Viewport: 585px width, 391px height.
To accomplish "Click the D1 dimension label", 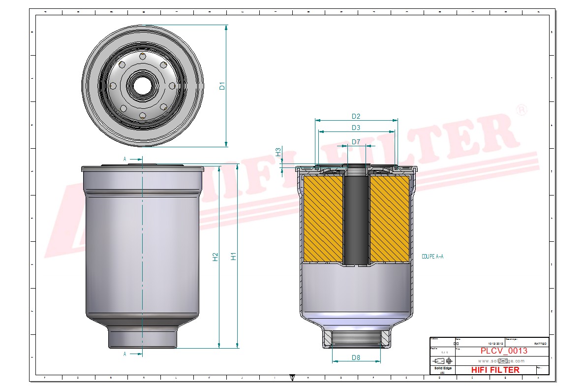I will (x=222, y=86).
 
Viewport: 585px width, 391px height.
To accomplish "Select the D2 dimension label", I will (x=356, y=116).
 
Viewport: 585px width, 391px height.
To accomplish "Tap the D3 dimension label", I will (x=356, y=128).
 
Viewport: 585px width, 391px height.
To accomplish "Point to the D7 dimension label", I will (x=356, y=142).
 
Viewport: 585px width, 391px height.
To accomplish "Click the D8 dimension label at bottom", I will (x=356, y=358).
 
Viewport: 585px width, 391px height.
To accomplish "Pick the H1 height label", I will (x=234, y=256).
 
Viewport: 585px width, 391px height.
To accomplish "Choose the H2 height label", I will (x=215, y=257).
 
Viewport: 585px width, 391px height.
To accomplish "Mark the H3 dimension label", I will (x=278, y=152).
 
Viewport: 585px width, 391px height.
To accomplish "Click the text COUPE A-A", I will (x=432, y=257).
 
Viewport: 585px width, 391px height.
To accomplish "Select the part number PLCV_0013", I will (x=504, y=351).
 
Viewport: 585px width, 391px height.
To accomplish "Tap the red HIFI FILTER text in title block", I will (x=495, y=370).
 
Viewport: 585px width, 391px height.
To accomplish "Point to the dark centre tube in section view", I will (x=356, y=219).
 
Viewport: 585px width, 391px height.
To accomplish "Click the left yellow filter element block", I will (x=323, y=219).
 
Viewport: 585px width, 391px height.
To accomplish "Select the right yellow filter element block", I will (x=389, y=219).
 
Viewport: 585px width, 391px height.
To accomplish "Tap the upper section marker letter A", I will (x=125, y=159).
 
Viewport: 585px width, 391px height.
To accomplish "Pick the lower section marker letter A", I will (x=125, y=354).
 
